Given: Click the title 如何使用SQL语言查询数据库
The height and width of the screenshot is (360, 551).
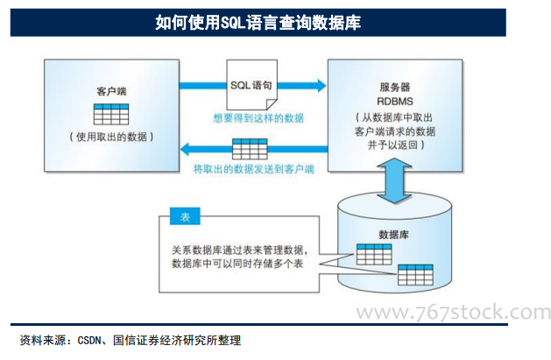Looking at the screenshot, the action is (258, 23).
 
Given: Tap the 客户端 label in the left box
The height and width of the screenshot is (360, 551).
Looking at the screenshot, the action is (111, 92).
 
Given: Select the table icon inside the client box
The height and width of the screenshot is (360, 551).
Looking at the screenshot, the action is (111, 114).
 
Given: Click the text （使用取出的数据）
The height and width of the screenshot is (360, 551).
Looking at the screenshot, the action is (111, 137).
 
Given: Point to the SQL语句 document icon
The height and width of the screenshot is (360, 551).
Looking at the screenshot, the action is (251, 85).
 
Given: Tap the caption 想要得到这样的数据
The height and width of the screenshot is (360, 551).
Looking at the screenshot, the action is (258, 118).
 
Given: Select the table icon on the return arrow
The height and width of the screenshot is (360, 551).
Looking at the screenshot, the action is (250, 149).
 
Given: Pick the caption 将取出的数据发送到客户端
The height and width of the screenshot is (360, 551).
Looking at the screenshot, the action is (253, 169).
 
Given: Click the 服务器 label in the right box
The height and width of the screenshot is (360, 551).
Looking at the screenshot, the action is (394, 87).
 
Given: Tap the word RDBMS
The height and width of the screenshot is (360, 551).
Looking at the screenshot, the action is (394, 102).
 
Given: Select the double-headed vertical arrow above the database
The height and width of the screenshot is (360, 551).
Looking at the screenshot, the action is (394, 180).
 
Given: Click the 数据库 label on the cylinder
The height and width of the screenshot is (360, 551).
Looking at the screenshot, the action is (393, 235).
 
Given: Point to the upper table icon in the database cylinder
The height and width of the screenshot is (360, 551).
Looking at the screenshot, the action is (374, 254).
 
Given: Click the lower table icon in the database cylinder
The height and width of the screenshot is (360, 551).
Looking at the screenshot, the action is (415, 275).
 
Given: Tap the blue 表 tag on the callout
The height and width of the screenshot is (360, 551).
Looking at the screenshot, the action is (185, 216).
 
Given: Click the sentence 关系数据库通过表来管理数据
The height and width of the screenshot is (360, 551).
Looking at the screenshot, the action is (237, 250).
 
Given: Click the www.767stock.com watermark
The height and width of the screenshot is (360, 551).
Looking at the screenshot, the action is (453, 312).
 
